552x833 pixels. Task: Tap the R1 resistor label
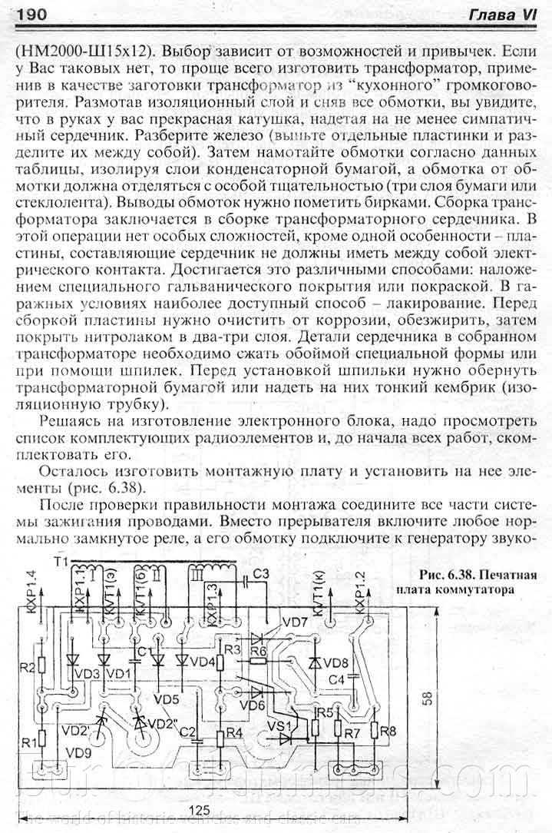coord(28,742)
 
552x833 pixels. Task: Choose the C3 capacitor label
coord(260,574)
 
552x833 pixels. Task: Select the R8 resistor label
coord(388,731)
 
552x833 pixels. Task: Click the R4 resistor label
coord(233,732)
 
